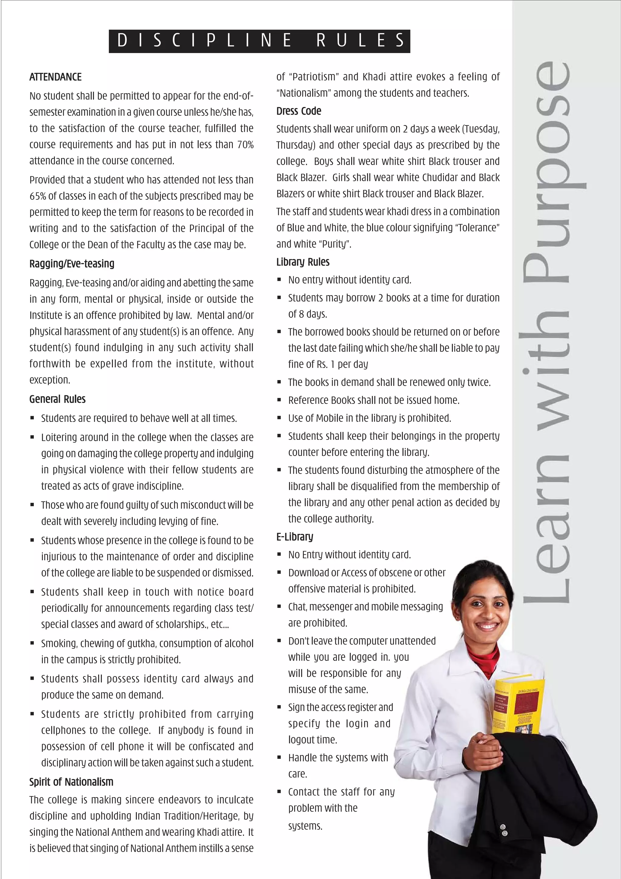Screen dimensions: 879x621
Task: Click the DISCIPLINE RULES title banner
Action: (260, 41)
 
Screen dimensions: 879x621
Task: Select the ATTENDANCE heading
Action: (55, 77)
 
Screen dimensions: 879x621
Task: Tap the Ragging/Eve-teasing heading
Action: (72, 264)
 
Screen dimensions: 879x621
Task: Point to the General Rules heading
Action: (57, 399)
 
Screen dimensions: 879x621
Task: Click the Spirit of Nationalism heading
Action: (71, 782)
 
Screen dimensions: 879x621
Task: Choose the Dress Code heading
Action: (299, 111)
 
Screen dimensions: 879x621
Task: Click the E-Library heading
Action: (295, 537)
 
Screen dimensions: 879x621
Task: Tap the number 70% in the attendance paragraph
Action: (245, 145)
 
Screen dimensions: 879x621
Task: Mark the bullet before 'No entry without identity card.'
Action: (279, 280)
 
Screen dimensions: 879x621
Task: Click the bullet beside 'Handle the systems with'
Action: (279, 758)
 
